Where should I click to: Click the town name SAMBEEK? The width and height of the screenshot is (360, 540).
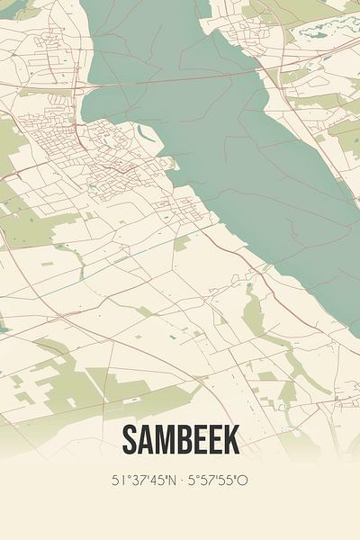tap(180, 440)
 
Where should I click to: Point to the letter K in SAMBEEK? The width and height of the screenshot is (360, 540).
tap(232, 440)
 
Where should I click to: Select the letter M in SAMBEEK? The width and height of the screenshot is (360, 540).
tap(163, 440)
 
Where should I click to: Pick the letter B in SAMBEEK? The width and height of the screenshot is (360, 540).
tap(182, 440)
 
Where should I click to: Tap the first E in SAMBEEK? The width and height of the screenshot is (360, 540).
tap(198, 440)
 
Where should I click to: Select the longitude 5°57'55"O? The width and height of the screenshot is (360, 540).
tap(217, 480)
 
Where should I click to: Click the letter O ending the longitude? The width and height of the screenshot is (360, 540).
tap(243, 480)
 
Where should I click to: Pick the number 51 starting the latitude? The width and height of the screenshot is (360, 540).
tap(118, 480)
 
